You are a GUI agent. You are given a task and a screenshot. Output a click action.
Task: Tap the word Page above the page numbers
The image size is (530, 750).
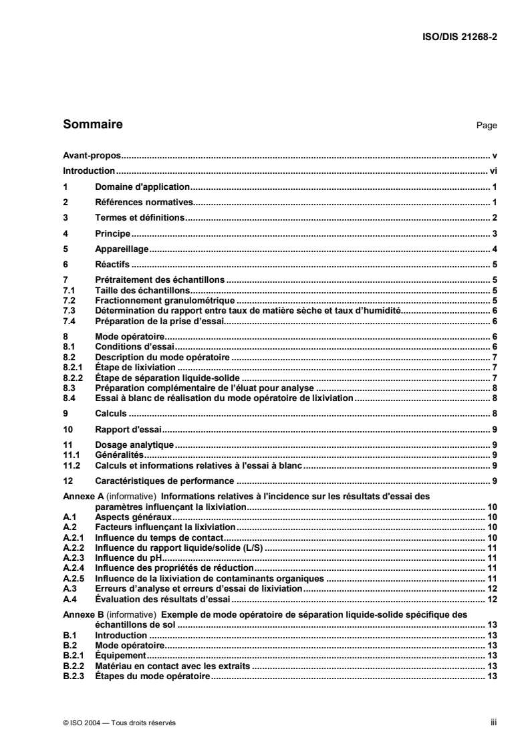(x=487, y=125)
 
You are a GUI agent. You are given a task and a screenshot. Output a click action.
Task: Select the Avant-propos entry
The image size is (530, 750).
(x=87, y=155)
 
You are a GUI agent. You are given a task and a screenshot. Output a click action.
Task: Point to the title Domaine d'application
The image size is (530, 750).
(x=143, y=187)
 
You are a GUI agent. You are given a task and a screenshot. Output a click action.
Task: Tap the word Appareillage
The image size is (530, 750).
(x=122, y=249)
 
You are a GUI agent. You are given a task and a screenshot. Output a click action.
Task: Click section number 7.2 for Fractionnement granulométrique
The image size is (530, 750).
(x=68, y=301)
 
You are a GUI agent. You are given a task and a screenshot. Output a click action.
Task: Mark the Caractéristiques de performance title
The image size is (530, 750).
(x=164, y=481)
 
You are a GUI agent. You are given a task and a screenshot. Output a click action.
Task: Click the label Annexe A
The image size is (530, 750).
(x=82, y=497)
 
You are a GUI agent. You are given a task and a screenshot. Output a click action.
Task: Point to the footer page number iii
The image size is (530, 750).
(x=493, y=723)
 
